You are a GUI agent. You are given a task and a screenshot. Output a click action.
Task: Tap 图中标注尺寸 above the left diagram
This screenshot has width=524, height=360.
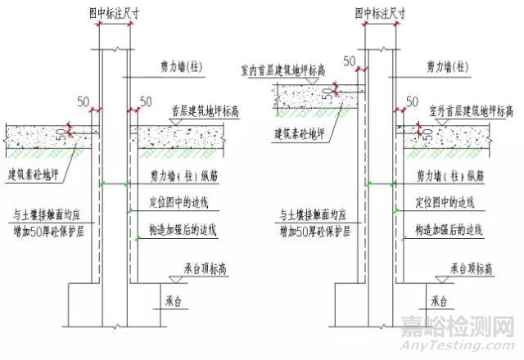[x=115, y=11]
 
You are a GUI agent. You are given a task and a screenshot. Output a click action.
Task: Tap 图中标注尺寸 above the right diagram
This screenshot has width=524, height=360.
[x=382, y=11]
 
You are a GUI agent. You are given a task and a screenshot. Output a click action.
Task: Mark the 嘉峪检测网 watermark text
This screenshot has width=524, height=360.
[x=456, y=330]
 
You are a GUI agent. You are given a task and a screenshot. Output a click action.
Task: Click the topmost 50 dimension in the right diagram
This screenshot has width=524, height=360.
[x=350, y=61]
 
